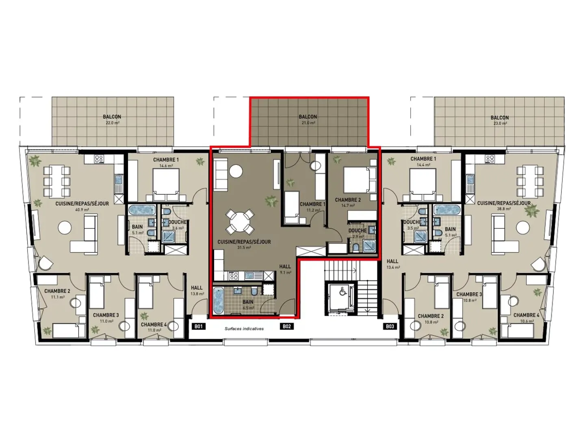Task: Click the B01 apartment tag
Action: pyautogui.click(x=198, y=326)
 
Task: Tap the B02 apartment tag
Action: pyautogui.click(x=287, y=326)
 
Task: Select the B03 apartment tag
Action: pyautogui.click(x=390, y=326)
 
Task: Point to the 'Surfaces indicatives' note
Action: pyautogui.click(x=244, y=329)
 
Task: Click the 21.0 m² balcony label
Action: pyautogui.click(x=308, y=119)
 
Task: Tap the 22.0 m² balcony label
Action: pyautogui.click(x=112, y=119)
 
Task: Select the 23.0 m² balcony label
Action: pyautogui.click(x=499, y=120)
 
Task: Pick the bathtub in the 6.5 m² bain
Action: pyautogui.click(x=219, y=301)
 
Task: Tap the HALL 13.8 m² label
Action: pyautogui.click(x=197, y=290)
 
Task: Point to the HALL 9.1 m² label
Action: pyautogui.click(x=285, y=269)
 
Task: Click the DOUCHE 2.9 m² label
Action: pyautogui.click(x=357, y=233)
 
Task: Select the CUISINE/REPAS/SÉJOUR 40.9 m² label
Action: pyautogui.click(x=82, y=206)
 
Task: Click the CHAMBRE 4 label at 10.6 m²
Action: pyautogui.click(x=526, y=317)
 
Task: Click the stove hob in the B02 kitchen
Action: pyautogui.click(x=234, y=276)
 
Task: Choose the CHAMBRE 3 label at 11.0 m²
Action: pyautogui.click(x=106, y=317)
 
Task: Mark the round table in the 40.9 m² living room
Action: pyautogui.click(x=65, y=227)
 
